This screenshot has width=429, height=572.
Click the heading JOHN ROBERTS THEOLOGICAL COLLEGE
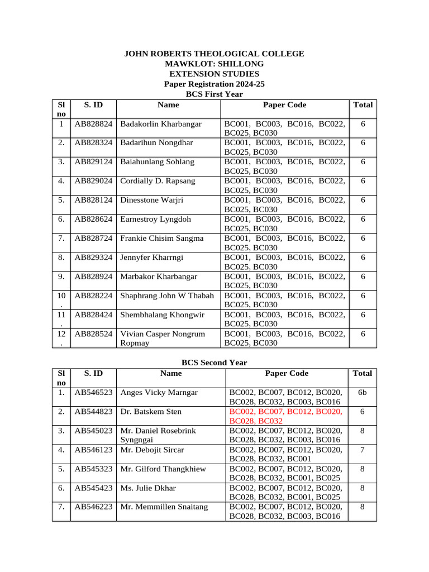tap(214, 54)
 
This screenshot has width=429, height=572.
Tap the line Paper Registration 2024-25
tap(214, 84)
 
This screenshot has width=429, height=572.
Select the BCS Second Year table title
tap(214, 363)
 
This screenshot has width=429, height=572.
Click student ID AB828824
tap(94, 123)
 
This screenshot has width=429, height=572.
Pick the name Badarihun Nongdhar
tap(156, 142)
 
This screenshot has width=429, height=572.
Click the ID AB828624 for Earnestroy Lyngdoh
tap(94, 219)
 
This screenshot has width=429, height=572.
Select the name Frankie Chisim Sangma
tap(162, 239)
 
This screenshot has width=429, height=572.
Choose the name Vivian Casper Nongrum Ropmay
tap(163, 339)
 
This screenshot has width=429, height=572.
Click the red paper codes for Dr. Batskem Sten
tap(286, 416)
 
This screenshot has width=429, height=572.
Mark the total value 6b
tap(363, 393)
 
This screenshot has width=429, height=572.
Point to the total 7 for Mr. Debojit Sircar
tap(363, 450)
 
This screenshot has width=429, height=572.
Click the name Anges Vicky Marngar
tap(159, 393)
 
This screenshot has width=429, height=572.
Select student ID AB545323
tap(94, 469)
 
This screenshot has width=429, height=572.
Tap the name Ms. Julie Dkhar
tap(148, 488)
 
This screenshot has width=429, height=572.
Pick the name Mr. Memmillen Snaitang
tap(164, 507)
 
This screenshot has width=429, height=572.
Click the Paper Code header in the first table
tap(284, 104)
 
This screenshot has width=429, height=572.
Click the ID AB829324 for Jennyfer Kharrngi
tap(94, 258)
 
